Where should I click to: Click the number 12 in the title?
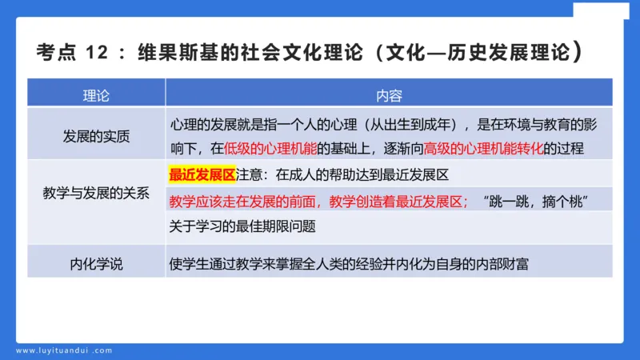[x=96, y=54]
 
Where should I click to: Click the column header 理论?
[x=96, y=95]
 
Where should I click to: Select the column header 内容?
[x=389, y=95]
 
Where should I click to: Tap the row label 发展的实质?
[x=96, y=136]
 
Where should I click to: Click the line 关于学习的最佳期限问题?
[x=242, y=226]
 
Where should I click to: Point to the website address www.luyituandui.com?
[x=64, y=350]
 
